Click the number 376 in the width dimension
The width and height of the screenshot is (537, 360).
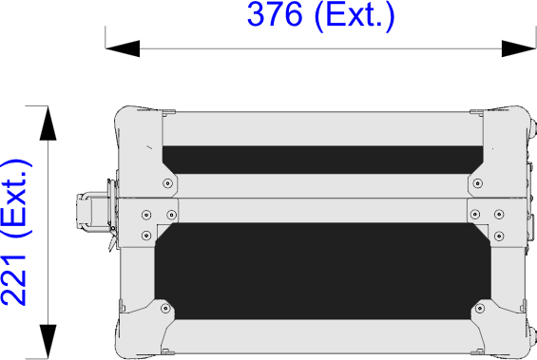pos(275,14)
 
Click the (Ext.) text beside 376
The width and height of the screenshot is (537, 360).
pos(355,16)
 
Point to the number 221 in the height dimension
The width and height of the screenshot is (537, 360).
pos(13,280)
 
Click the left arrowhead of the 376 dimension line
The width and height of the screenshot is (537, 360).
pos(123,48)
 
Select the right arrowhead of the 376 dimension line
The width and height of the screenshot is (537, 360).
pos(519,48)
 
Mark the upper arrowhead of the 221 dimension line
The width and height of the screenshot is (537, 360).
pos(48,123)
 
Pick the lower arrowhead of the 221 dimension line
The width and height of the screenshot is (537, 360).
pos(48,342)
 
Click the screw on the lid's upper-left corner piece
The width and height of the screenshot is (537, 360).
pos(167,183)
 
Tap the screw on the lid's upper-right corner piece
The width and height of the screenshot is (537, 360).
pos(478,183)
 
